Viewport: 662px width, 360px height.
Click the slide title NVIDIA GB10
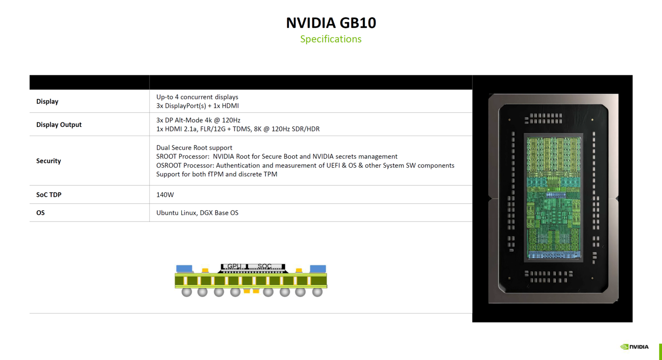331,23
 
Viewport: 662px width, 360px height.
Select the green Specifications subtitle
331,39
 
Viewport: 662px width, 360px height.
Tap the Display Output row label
59,125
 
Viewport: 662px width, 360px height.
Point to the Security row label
48,161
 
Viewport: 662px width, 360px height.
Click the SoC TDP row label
49,194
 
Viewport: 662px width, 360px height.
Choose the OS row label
40,213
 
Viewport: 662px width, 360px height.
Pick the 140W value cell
165,194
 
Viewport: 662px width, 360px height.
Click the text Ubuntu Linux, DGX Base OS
197,213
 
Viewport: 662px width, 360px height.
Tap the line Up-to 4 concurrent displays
197,97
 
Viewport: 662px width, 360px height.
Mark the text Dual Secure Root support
194,148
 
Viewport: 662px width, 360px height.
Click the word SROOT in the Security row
166,156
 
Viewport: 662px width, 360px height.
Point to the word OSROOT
169,166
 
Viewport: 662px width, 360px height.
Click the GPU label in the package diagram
234,266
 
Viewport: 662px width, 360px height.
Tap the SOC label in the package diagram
265,266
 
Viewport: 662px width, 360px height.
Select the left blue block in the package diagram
184,269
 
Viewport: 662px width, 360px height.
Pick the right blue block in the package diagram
318,269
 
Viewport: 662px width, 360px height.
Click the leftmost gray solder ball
186,291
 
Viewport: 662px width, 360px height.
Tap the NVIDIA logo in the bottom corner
634,347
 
